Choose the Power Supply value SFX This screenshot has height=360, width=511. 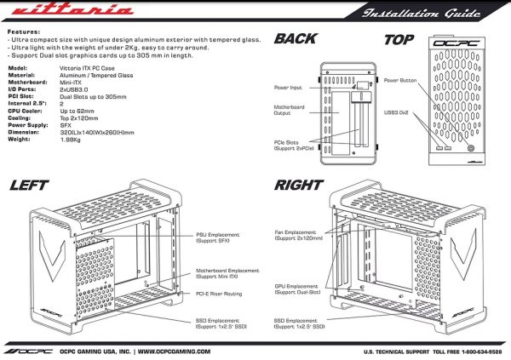pyautogui.click(x=66, y=132)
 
